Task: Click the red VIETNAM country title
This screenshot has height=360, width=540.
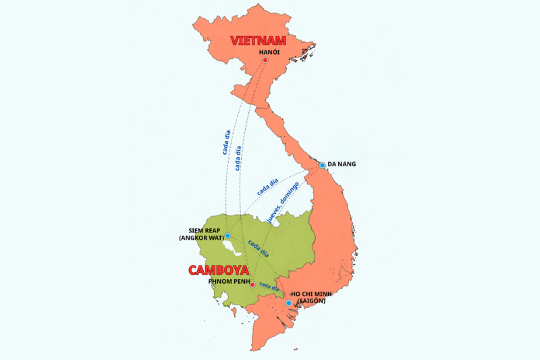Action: tap(259, 41)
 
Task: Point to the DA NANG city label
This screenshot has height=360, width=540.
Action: tap(342, 164)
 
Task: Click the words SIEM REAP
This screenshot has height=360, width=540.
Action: tap(200, 230)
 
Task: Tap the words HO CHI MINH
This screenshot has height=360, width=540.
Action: tap(315, 294)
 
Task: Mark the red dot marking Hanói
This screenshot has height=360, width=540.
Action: tap(265, 60)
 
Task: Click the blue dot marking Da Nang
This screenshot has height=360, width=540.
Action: tap(323, 165)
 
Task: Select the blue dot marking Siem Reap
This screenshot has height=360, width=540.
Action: tap(228, 236)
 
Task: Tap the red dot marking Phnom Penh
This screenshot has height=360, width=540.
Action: tap(253, 285)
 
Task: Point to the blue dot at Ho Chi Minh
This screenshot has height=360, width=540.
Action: tap(289, 303)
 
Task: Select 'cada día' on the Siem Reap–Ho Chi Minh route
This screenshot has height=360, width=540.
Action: tap(258, 249)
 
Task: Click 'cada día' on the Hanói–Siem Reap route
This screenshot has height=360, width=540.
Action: tap(226, 139)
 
